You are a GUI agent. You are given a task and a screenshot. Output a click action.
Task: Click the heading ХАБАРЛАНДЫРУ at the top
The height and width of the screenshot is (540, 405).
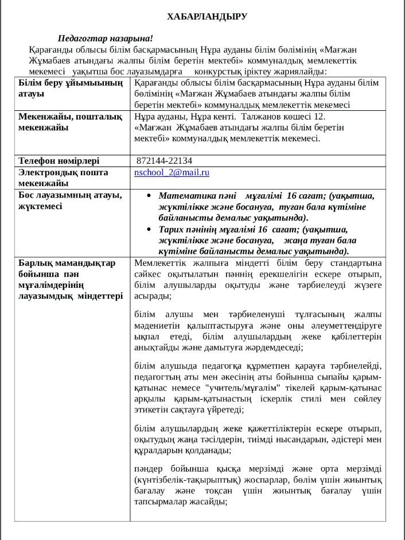(x=207, y=17)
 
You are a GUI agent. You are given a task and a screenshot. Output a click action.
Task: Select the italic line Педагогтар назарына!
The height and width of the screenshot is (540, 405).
(x=106, y=38)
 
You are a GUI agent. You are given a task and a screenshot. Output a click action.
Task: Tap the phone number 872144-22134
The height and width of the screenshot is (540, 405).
(x=165, y=161)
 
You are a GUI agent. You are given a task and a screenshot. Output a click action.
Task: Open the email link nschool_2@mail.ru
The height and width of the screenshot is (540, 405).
(x=172, y=172)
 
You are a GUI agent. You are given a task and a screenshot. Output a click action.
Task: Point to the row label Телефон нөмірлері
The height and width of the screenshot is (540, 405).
(x=59, y=161)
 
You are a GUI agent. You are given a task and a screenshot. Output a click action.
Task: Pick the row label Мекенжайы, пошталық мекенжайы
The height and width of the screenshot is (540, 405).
(x=70, y=122)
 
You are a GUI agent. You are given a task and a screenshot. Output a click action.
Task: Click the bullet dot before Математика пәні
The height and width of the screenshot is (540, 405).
(x=149, y=195)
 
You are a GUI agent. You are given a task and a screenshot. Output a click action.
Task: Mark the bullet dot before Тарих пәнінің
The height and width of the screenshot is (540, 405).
(x=149, y=229)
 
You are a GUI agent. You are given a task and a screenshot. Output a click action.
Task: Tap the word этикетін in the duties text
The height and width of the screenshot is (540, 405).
(x=152, y=410)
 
